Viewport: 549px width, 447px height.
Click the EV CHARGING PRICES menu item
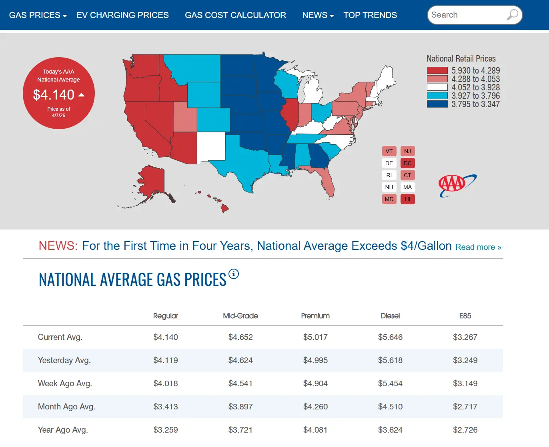(122, 15)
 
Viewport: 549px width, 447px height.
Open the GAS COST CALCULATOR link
(235, 15)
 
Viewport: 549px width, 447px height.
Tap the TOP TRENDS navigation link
(370, 15)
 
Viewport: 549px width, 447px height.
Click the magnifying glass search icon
(513, 15)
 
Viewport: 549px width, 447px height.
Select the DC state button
(407, 163)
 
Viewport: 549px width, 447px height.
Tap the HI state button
(407, 199)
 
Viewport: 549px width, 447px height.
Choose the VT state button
(389, 151)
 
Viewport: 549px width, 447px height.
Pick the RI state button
(389, 176)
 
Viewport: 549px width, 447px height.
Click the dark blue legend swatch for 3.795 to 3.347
(437, 104)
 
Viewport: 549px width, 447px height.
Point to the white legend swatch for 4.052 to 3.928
(437, 87)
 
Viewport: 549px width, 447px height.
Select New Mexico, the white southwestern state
(211, 147)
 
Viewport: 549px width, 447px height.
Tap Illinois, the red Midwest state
(291, 113)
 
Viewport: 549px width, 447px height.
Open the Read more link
(479, 247)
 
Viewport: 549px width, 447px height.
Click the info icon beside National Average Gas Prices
(234, 274)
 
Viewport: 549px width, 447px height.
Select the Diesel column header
(390, 316)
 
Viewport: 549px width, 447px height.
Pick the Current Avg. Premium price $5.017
(315, 337)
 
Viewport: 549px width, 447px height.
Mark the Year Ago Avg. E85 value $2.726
(465, 430)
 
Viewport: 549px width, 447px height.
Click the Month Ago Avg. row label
(66, 407)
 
